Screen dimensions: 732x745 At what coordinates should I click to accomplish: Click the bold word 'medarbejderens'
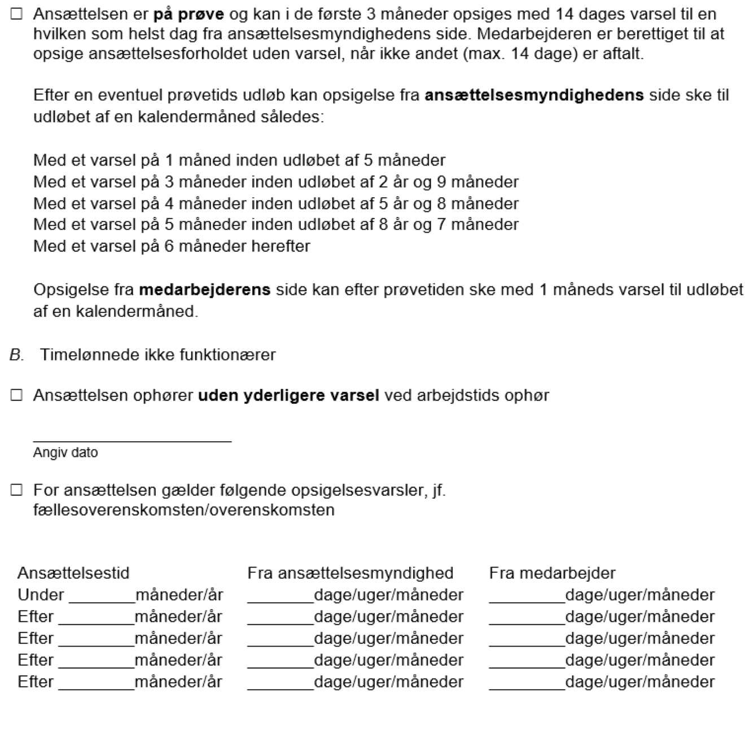(204, 290)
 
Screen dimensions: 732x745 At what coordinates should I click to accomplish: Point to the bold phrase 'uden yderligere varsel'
(288, 395)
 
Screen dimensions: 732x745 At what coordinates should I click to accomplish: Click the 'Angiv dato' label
(65, 452)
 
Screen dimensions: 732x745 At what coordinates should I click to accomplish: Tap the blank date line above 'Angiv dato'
(132, 439)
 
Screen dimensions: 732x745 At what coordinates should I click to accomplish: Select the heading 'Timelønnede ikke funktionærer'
(157, 355)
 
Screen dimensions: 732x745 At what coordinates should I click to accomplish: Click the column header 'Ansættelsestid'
(73, 573)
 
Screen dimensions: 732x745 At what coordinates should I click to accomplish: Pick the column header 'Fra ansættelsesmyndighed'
(350, 573)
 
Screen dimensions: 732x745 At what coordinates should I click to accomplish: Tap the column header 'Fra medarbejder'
(552, 573)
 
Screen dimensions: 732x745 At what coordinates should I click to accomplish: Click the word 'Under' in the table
(41, 595)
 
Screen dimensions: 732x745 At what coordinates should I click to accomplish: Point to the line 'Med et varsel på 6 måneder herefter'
(172, 246)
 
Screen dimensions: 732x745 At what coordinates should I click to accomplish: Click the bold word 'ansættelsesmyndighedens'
(534, 95)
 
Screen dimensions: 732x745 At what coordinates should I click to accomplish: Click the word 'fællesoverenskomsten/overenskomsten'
(183, 509)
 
